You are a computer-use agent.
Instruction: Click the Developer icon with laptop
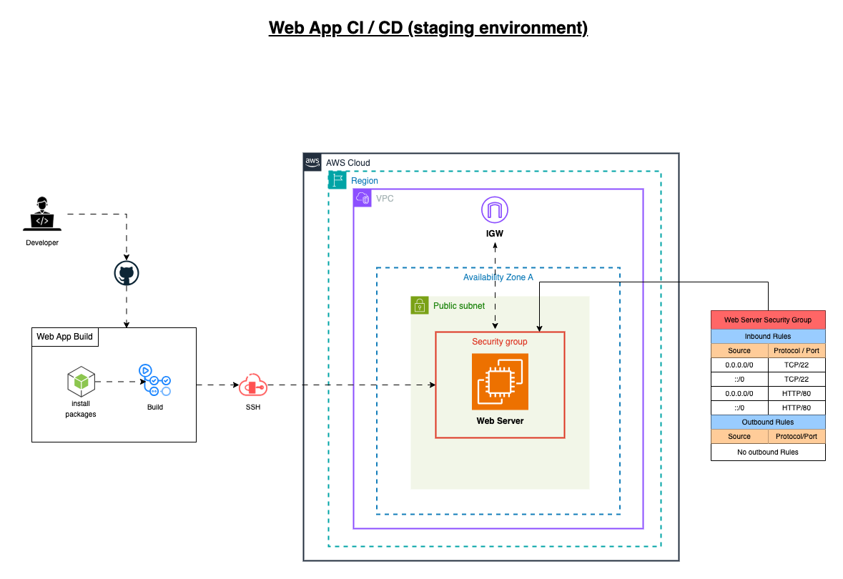click(42, 214)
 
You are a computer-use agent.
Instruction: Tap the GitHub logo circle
click(127, 273)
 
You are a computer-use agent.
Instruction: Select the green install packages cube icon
click(82, 381)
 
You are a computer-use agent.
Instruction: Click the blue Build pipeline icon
click(155, 380)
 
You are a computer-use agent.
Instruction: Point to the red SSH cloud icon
click(252, 385)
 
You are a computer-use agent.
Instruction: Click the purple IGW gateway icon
click(495, 209)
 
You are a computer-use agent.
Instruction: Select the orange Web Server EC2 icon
click(500, 382)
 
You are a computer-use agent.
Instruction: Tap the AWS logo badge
click(312, 162)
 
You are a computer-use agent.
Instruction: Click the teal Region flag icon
click(337, 180)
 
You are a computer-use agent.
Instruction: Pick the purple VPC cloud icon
click(363, 199)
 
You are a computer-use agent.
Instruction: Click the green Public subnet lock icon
click(419, 305)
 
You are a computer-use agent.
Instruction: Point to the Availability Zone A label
click(498, 277)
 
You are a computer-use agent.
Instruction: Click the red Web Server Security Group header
click(768, 320)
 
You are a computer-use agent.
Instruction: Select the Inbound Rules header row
click(768, 337)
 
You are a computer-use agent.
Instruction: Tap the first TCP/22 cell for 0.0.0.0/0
click(797, 365)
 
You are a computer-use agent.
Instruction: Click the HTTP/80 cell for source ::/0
click(797, 408)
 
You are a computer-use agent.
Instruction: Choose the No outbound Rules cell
click(768, 452)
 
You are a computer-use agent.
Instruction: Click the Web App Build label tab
click(65, 337)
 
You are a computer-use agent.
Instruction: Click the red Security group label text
click(500, 342)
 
